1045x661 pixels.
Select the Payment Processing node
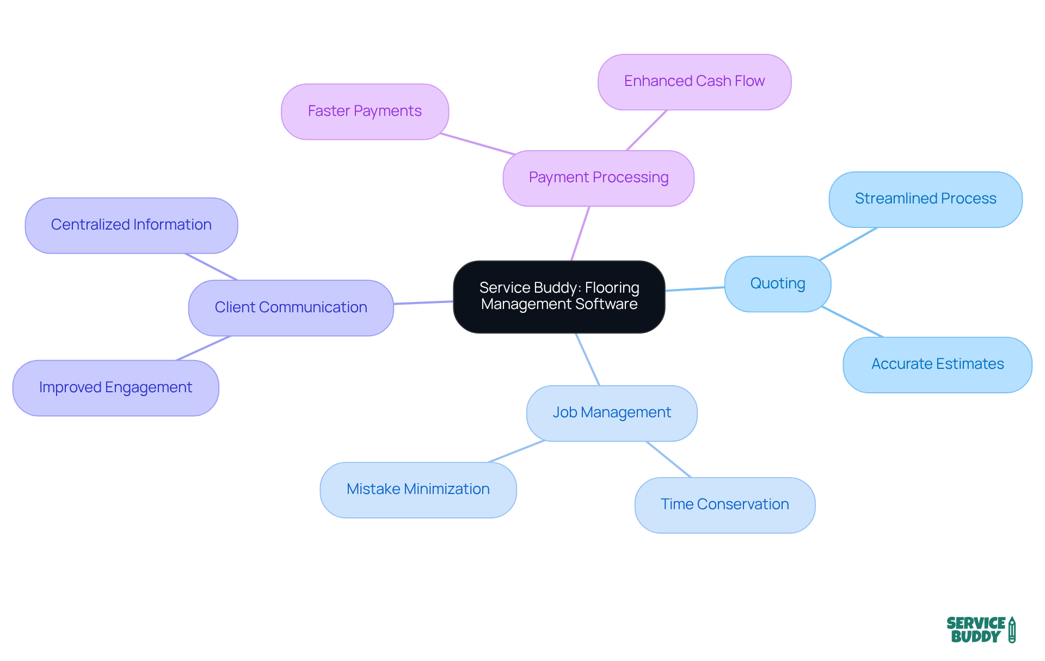coord(598,178)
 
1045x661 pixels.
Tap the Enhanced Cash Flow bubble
coord(694,82)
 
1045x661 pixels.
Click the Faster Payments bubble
coord(365,112)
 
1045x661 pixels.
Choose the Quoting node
coord(777,283)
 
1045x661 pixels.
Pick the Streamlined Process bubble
coord(925,199)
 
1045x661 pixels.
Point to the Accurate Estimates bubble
coord(937,365)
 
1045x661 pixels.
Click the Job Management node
coord(611,413)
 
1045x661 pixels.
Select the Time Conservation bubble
coord(724,505)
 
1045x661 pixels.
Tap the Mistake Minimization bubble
coord(418,490)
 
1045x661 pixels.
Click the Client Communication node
coord(291,308)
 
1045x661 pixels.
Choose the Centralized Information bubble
coord(131,225)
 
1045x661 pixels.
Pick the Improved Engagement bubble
coord(115,388)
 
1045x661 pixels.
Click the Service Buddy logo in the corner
coord(975,630)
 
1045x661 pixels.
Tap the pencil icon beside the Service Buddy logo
coord(1012,630)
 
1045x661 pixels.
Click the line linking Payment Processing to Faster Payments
coord(477,144)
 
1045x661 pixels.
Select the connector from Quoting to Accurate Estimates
coord(852,322)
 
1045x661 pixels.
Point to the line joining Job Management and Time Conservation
coord(668,459)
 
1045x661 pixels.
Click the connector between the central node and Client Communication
coord(423,302)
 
